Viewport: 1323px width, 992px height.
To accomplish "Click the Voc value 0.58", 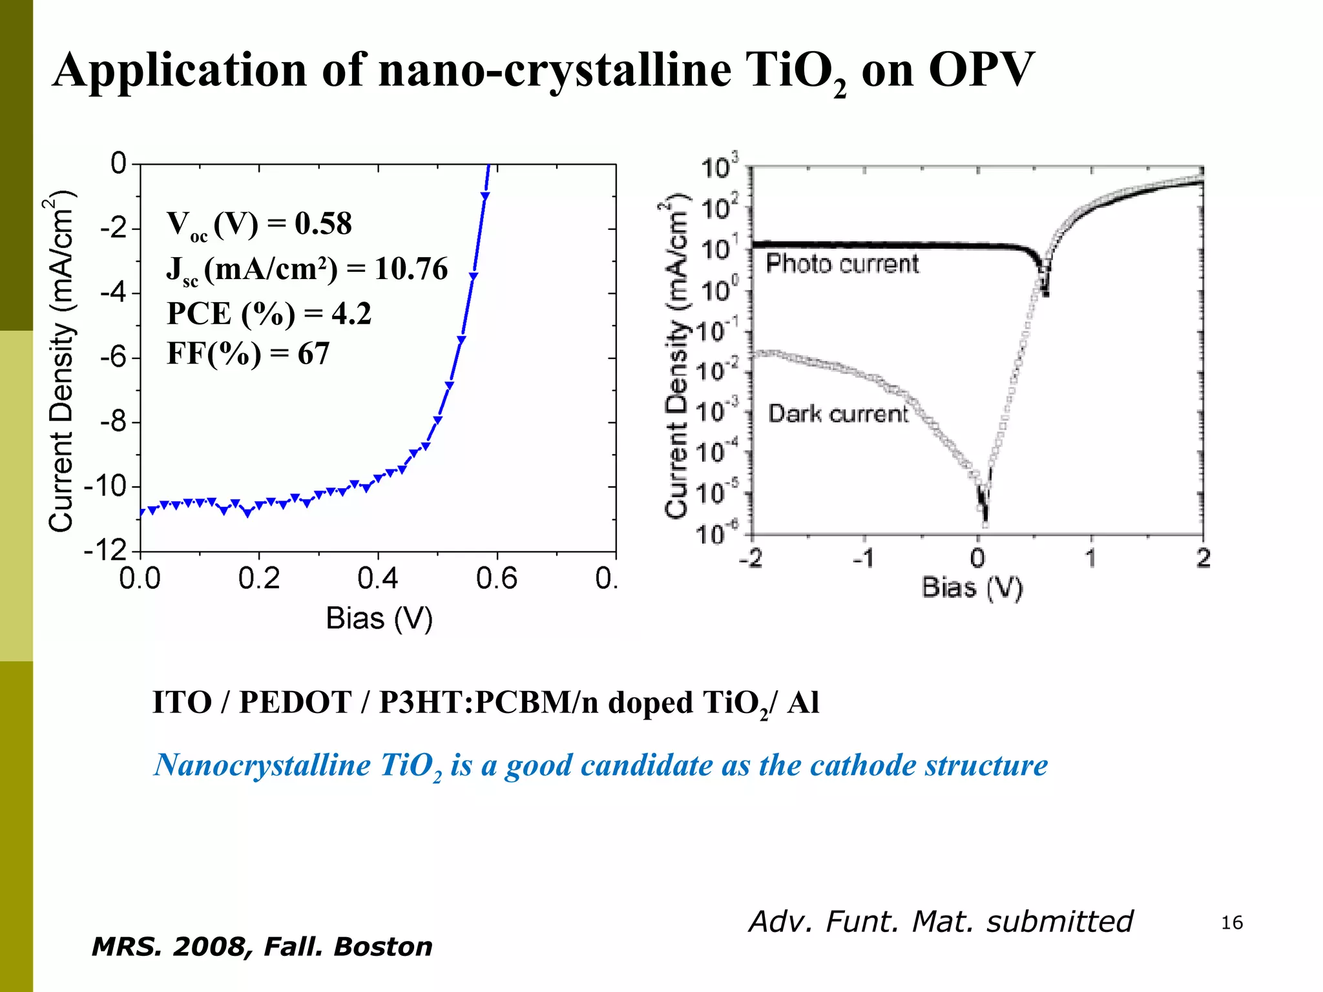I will click(323, 224).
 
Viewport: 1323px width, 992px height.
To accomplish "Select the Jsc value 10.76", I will click(411, 269).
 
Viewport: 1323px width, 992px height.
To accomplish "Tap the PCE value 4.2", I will click(351, 314).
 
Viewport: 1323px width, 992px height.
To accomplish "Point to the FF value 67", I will click(313, 354).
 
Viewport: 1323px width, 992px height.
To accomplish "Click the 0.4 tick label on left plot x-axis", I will click(377, 579).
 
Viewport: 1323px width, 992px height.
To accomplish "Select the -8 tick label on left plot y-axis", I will click(114, 422).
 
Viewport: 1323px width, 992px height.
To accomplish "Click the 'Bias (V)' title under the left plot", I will click(379, 619).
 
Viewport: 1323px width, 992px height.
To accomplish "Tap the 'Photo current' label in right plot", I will click(842, 264).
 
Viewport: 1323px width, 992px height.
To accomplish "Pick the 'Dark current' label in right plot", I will click(838, 414).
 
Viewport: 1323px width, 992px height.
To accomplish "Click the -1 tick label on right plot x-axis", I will click(864, 558).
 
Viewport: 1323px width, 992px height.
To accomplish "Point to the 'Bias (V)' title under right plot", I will click(972, 588).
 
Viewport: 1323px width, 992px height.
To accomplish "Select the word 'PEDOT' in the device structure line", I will click(295, 703).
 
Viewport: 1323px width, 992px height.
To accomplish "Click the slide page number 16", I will click(1231, 923).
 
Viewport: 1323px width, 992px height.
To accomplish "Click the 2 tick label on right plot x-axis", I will click(1203, 558).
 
